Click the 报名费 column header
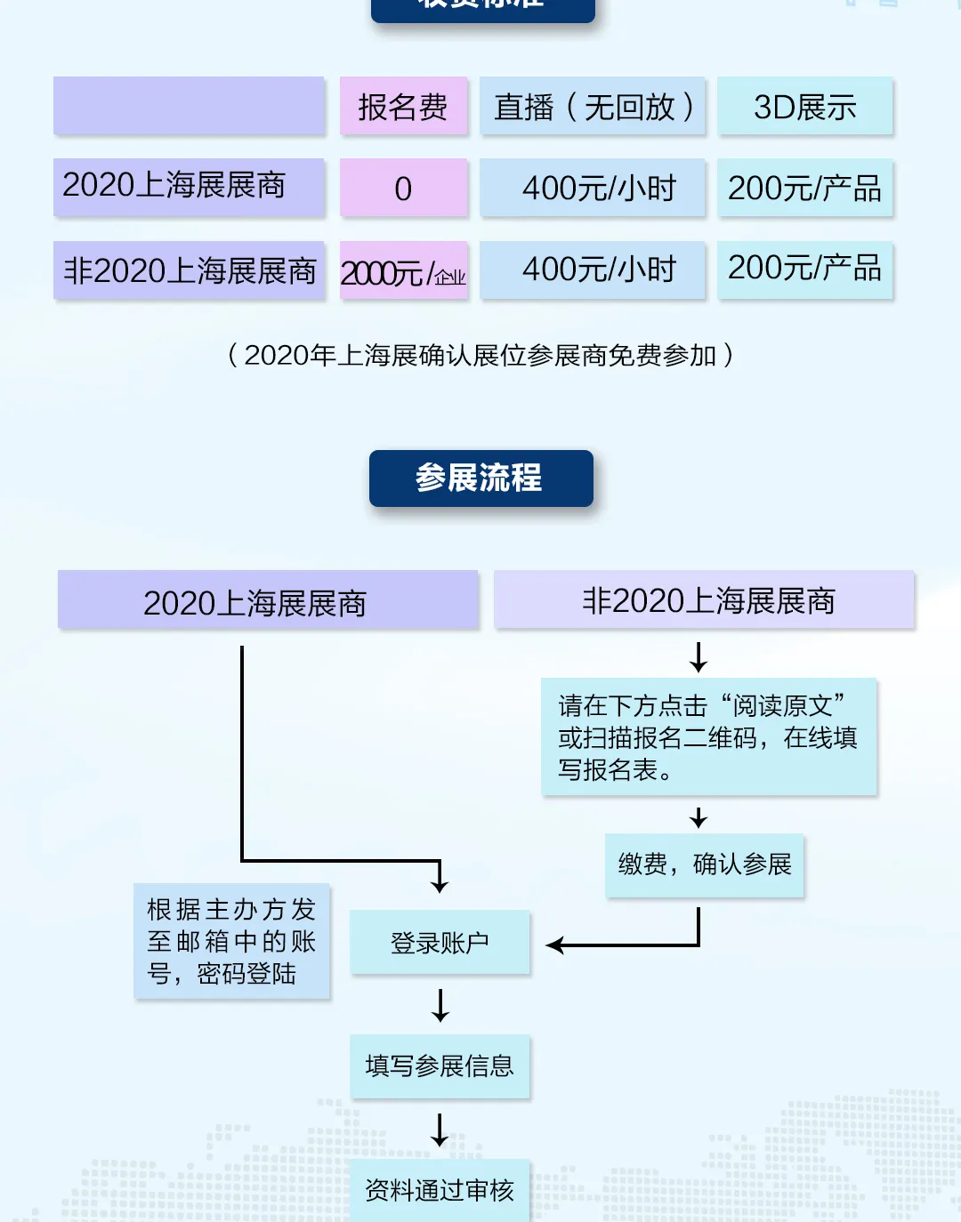point(403,107)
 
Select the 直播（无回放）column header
point(593,107)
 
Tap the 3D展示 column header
point(805,107)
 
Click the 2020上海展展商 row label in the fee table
point(189,187)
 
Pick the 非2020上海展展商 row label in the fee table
point(189,270)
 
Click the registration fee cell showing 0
point(403,189)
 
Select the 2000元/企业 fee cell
point(403,271)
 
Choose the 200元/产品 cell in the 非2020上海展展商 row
point(805,269)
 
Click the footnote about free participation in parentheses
point(480,356)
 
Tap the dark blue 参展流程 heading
point(480,478)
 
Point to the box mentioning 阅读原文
point(708,737)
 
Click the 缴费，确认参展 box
point(705,864)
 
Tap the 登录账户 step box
point(440,943)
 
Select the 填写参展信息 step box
point(440,1065)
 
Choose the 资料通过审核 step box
point(440,1190)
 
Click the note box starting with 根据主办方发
point(231,941)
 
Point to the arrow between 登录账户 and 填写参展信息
point(440,1005)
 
